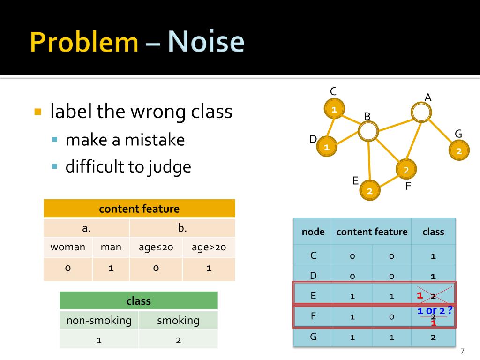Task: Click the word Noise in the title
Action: coord(206,42)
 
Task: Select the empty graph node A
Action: coord(421,112)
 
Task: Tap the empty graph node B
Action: coord(368,131)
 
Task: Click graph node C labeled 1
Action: coord(335,109)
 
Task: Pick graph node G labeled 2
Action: coord(459,151)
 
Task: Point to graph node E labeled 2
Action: coord(370,190)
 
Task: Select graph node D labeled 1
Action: coord(327,147)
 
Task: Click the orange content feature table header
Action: coord(139,209)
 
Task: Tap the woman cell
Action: coord(68,247)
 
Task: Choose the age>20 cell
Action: coord(209,247)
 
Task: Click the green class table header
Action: coord(139,300)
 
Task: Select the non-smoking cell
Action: coord(99,321)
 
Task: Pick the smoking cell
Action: coord(178,321)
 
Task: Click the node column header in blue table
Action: coord(313,232)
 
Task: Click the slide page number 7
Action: coord(463,351)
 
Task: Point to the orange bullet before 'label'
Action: coord(38,112)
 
